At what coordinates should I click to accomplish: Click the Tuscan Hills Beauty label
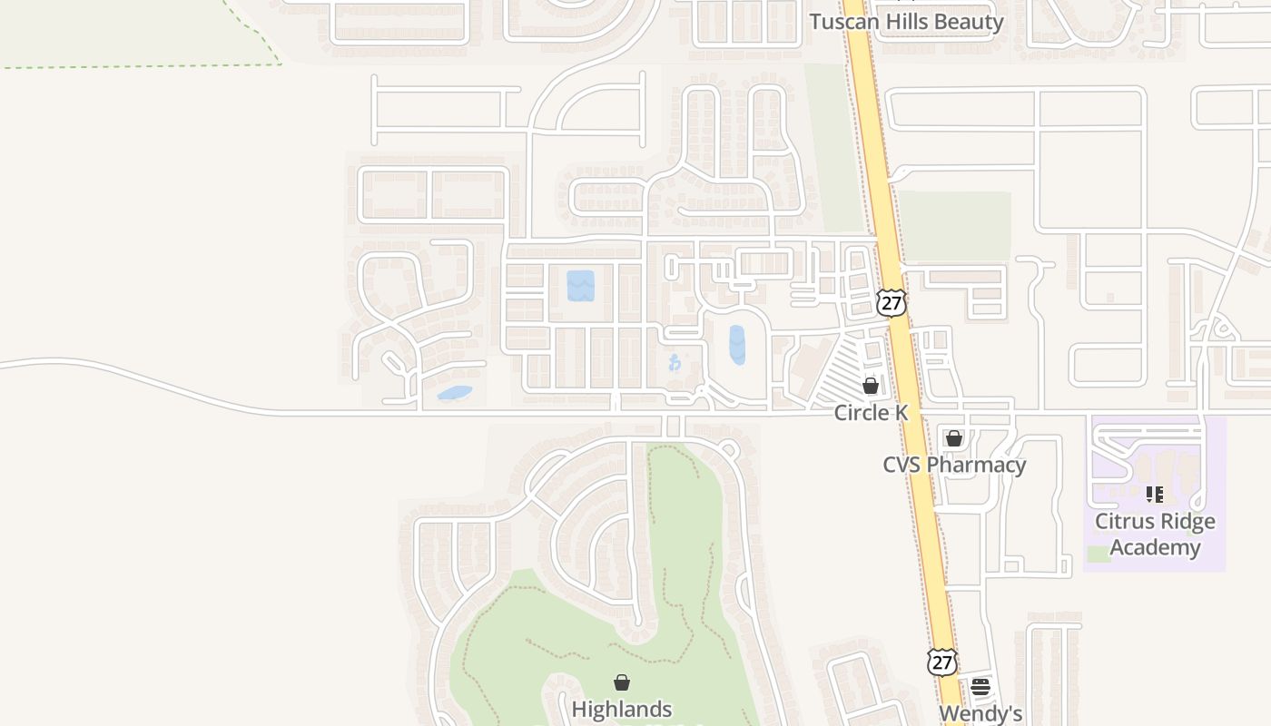(x=906, y=22)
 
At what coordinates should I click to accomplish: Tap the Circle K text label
(x=871, y=413)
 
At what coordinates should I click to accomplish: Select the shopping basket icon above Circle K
(x=871, y=386)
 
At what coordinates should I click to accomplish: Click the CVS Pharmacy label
(x=954, y=465)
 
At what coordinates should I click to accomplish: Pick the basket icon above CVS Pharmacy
(x=954, y=439)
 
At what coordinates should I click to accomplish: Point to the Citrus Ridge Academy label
(x=1155, y=534)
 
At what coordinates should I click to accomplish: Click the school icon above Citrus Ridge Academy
(x=1155, y=495)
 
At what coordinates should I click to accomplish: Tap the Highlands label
(x=622, y=709)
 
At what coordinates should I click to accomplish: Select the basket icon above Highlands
(x=622, y=682)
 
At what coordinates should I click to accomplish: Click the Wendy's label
(x=980, y=713)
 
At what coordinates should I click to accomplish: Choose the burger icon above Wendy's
(x=980, y=687)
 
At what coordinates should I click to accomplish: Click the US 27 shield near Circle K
(x=892, y=303)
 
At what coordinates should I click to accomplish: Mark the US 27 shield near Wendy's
(x=942, y=662)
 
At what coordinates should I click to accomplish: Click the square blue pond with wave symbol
(x=580, y=286)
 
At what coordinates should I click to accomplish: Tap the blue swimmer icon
(x=675, y=363)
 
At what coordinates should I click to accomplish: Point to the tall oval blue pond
(x=737, y=346)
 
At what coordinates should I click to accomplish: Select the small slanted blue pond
(x=455, y=394)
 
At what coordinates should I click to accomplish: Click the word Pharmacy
(x=982, y=465)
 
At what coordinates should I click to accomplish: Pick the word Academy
(x=1155, y=547)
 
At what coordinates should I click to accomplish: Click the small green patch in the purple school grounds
(x=1099, y=554)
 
